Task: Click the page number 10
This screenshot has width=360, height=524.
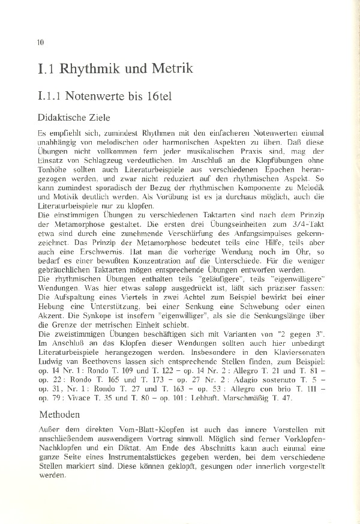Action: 41,42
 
